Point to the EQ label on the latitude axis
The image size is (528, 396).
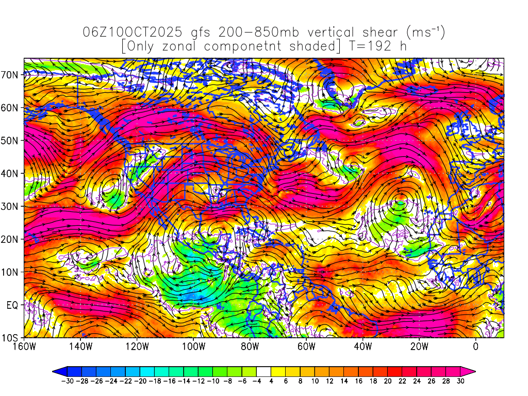click(12, 305)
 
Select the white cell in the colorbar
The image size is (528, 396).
click(263, 371)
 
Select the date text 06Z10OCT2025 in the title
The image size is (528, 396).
click(132, 32)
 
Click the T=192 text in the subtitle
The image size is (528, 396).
click(369, 46)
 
